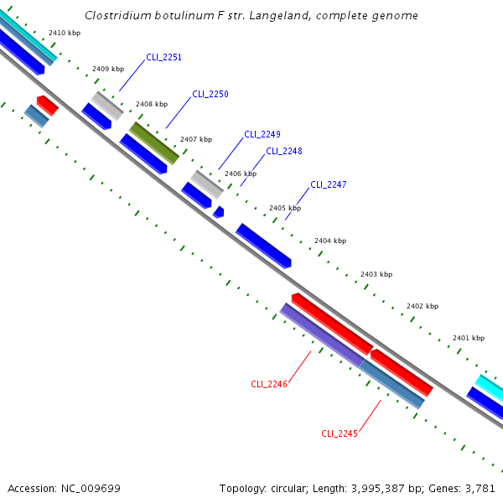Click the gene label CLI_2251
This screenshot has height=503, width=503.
pyautogui.click(x=163, y=57)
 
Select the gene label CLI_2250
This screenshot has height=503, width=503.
pyautogui.click(x=210, y=94)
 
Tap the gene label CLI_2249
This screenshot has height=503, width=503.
pyautogui.click(x=262, y=134)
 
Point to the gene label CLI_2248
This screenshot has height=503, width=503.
pyautogui.click(x=283, y=151)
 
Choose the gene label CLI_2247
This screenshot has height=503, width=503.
pyautogui.click(x=328, y=184)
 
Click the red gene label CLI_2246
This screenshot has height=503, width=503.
pyautogui.click(x=269, y=384)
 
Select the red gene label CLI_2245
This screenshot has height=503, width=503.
pyautogui.click(x=340, y=433)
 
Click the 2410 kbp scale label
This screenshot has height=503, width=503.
pyautogui.click(x=65, y=32)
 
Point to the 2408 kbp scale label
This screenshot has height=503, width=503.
pyautogui.click(x=151, y=104)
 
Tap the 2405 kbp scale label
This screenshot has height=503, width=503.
pyautogui.click(x=284, y=208)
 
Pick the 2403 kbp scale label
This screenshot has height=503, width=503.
pyautogui.click(x=376, y=274)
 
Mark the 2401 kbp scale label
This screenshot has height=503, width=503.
pyautogui.click(x=468, y=338)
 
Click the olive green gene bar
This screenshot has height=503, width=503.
pyautogui.click(x=154, y=143)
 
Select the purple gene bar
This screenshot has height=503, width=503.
pyautogui.click(x=321, y=334)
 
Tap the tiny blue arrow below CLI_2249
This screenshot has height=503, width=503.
pyautogui.click(x=218, y=212)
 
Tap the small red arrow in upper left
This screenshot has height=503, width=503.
pyautogui.click(x=47, y=105)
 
